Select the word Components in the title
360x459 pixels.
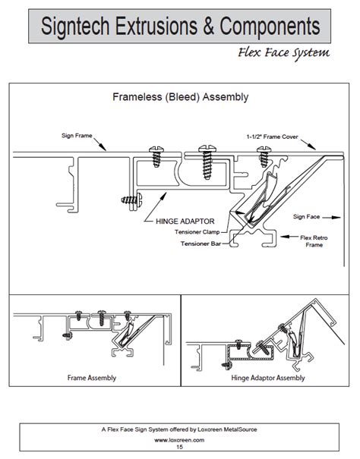pos(270,28)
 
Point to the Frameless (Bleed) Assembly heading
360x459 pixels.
pos(180,97)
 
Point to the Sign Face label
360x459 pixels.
pos(308,216)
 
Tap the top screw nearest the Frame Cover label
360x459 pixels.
pos(264,155)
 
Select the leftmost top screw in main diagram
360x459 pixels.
pos(158,156)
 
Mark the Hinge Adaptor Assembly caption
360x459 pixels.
pos(270,377)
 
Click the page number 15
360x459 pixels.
pos(180,447)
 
